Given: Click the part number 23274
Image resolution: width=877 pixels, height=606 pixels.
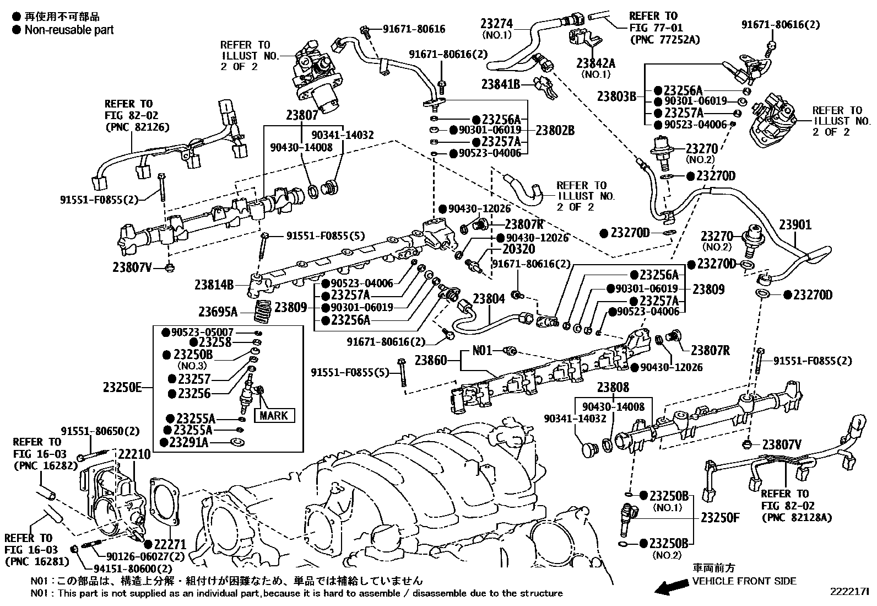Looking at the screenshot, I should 496,24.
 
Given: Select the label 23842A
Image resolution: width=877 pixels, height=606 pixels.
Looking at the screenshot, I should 596,63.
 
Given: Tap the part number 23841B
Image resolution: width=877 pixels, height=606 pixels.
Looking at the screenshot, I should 501,84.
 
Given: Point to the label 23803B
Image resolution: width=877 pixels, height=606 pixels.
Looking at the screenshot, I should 616,96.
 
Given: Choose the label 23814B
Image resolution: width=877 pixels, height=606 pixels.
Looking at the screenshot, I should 214,285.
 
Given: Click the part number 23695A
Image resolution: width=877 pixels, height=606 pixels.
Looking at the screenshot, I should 218,312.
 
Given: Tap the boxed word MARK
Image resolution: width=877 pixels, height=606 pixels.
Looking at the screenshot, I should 274,415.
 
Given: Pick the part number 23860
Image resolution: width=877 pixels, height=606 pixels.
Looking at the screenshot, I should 431,361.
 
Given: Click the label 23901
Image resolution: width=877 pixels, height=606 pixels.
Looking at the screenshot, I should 795,225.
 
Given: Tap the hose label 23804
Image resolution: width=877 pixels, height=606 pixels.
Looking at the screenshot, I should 489,299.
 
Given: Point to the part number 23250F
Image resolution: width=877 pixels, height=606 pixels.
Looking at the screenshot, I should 720,518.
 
